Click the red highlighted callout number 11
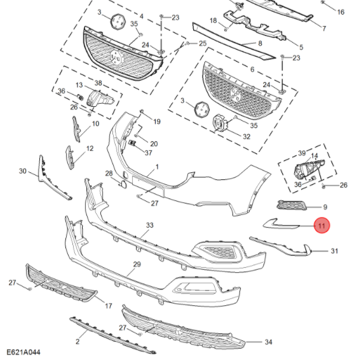[321, 226]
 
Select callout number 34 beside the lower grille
[268, 342]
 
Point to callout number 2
[77, 342]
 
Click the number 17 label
[108, 306]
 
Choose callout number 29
[137, 264]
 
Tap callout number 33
[150, 226]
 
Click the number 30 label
[23, 171]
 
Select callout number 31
[334, 251]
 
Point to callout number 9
[325, 207]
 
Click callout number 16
[340, 12]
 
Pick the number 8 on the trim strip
[259, 43]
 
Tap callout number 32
[246, 135]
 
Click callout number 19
[156, 121]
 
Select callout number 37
[148, 153]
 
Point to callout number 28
[109, 174]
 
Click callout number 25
[203, 43]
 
